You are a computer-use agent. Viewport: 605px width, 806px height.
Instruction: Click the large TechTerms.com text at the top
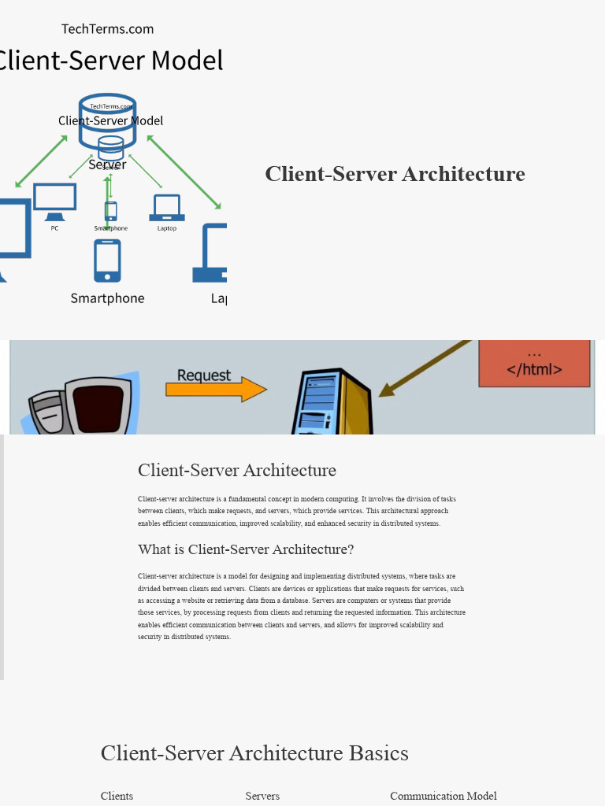(108, 29)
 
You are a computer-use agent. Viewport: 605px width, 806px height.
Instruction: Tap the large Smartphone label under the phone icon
(108, 298)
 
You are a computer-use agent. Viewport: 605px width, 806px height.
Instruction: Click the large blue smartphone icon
(108, 261)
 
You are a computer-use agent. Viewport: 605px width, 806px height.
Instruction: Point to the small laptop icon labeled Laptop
(167, 208)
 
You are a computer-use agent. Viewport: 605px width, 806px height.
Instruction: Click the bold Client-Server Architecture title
(395, 174)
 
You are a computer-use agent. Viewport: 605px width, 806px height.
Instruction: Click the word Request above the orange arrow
(204, 375)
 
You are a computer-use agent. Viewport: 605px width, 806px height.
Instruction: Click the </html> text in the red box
(534, 369)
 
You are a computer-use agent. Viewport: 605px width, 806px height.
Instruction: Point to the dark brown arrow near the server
(425, 366)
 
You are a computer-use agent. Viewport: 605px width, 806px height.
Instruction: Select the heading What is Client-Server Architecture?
(246, 549)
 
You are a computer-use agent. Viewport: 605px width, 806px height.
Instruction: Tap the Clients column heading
(117, 796)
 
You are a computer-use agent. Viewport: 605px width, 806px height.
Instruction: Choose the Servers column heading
(262, 796)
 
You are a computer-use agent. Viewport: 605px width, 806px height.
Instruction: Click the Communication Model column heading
(444, 796)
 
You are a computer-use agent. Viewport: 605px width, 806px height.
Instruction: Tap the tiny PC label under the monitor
(54, 228)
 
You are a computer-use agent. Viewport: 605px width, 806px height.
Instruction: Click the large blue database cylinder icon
(108, 122)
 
